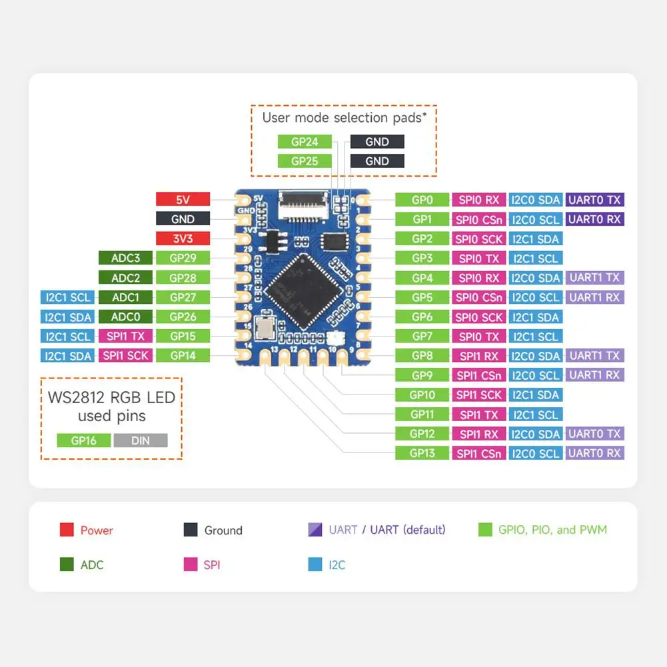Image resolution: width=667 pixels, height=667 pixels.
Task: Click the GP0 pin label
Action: click(x=422, y=199)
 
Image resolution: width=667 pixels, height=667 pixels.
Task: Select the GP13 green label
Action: click(x=422, y=453)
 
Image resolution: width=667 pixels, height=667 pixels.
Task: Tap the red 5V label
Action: click(x=183, y=199)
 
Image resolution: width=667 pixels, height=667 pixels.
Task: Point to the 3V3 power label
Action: click(x=183, y=239)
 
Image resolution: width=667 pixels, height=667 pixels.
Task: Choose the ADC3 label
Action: click(x=125, y=258)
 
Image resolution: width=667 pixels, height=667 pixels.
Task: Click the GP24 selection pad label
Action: click(x=305, y=141)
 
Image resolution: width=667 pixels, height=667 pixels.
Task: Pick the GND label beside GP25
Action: click(x=377, y=161)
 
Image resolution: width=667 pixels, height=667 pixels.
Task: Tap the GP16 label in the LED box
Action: click(x=83, y=440)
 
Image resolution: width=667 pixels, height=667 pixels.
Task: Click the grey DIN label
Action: click(x=141, y=440)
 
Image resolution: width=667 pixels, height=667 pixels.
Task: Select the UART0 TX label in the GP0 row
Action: click(x=594, y=199)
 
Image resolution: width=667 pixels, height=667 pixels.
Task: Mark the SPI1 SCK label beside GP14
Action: click(x=125, y=356)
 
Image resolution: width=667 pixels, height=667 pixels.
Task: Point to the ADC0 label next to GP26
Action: click(x=125, y=317)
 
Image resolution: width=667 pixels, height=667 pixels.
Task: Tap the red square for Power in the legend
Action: click(x=67, y=530)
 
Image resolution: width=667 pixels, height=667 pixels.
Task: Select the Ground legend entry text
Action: click(x=223, y=530)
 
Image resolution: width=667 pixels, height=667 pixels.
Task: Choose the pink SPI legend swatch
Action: click(x=191, y=565)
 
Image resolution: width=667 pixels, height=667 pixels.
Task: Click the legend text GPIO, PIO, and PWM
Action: click(x=552, y=530)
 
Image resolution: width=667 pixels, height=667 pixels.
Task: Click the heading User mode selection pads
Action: click(x=343, y=118)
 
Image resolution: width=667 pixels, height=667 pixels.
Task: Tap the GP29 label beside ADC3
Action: click(x=183, y=258)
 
